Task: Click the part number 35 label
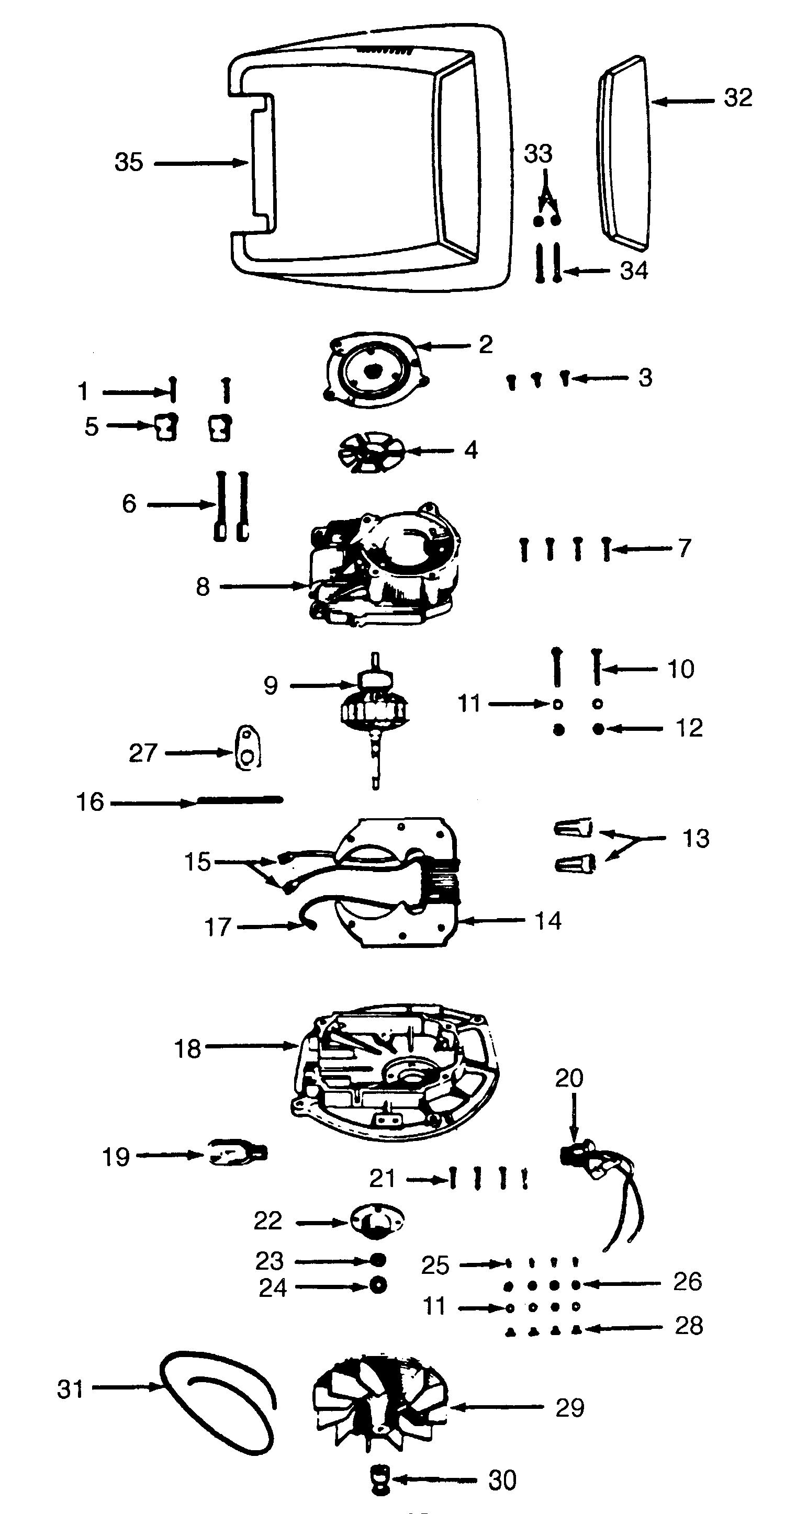pyautogui.click(x=128, y=162)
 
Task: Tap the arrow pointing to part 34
pyautogui.click(x=588, y=271)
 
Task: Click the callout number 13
pyautogui.click(x=696, y=838)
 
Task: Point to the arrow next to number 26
pyautogui.click(x=623, y=1284)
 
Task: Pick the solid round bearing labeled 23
pyautogui.click(x=378, y=1260)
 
